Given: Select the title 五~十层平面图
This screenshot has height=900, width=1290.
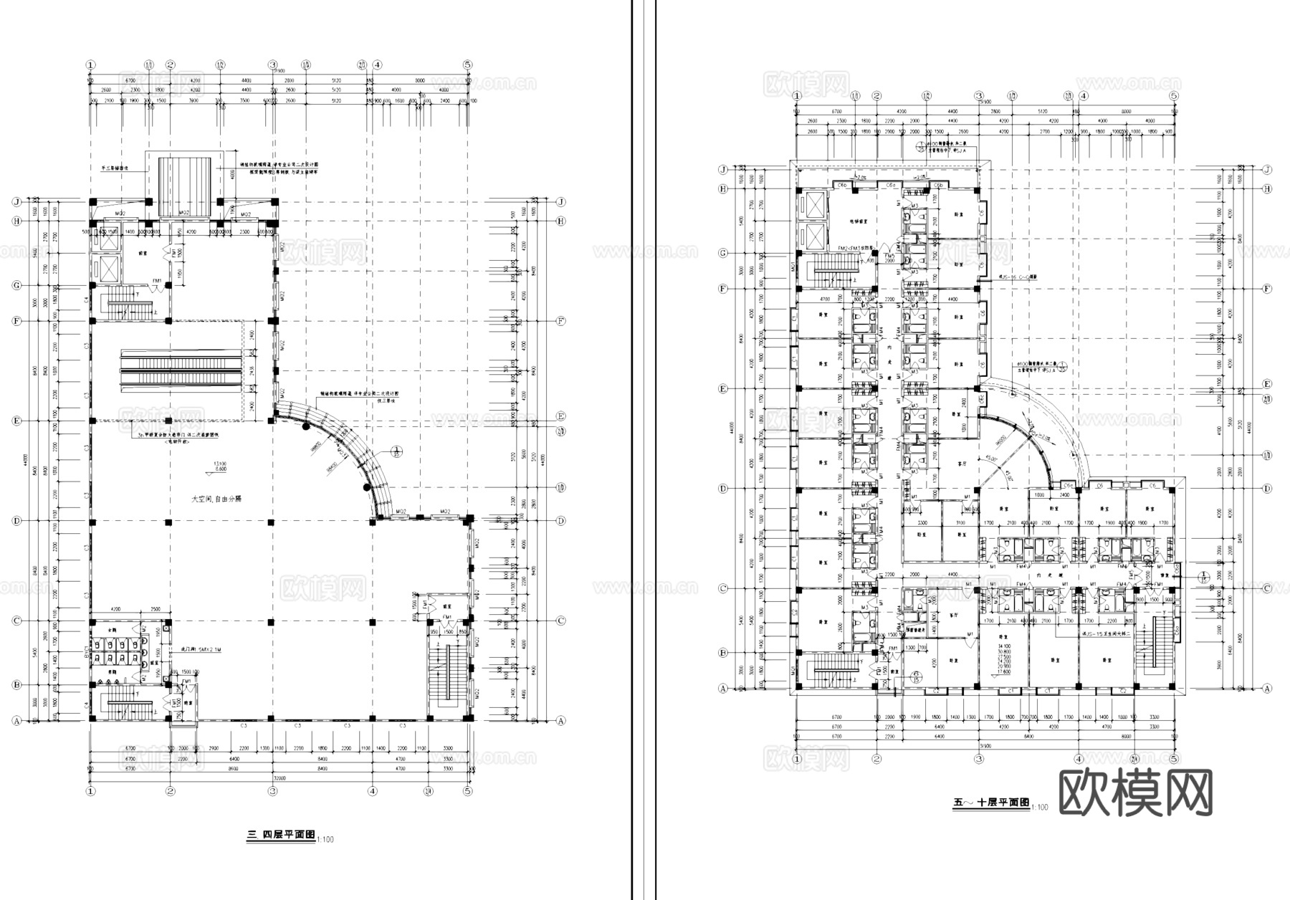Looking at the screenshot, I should (991, 803).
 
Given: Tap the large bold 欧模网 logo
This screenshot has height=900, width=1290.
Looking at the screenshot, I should (1135, 793).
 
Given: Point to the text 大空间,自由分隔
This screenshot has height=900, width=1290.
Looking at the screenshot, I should (216, 498).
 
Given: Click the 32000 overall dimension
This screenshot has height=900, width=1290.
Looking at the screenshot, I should (279, 777).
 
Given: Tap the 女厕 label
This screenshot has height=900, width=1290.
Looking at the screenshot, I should (111, 630).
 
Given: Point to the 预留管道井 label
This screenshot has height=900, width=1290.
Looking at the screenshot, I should (915, 630).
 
